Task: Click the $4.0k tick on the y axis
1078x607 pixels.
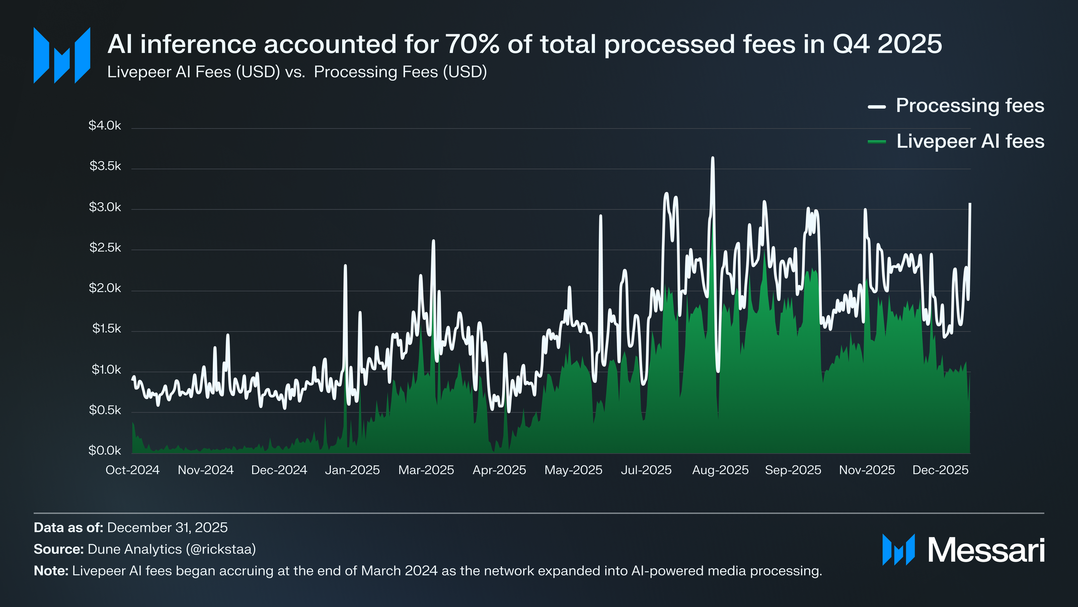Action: tap(105, 125)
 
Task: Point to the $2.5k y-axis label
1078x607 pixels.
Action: tap(105, 247)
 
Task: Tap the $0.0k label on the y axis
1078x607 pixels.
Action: tap(105, 450)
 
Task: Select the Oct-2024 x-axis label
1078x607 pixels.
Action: tap(132, 470)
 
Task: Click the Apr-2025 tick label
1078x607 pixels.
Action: tap(499, 470)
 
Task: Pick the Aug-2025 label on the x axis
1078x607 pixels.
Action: tap(720, 470)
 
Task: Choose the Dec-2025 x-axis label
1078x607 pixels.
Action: tap(940, 470)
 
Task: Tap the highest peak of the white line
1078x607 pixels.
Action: tap(713, 158)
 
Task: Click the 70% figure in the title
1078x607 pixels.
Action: tap(473, 44)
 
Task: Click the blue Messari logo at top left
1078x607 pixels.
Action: tap(62, 55)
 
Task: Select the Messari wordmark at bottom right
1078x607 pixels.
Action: tap(986, 550)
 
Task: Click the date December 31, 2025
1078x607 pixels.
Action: tap(167, 527)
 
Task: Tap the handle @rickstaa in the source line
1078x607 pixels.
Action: tap(221, 549)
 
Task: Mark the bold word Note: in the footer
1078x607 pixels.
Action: tap(51, 571)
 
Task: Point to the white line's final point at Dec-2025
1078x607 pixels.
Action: tap(970, 204)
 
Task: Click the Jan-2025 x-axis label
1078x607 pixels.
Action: tap(352, 470)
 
